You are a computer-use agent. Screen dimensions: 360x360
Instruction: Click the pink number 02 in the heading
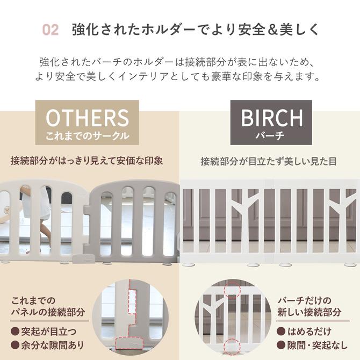50,30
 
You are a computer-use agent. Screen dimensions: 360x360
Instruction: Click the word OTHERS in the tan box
87,118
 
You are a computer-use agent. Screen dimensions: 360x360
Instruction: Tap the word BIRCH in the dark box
272,117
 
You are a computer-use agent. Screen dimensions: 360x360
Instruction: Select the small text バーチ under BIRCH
272,136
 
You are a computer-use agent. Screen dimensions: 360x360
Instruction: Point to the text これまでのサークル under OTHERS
87,136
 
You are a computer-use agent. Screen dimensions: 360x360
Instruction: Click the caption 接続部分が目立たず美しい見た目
269,161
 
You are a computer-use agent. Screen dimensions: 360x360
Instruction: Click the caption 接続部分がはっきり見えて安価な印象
87,161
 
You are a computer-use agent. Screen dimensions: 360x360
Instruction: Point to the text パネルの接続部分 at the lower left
48,312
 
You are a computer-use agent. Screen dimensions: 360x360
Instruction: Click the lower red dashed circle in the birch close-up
232,345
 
